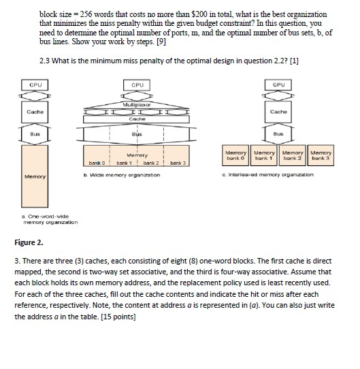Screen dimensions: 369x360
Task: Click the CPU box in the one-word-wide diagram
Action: click(35, 85)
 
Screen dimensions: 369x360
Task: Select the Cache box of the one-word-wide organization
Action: click(35, 112)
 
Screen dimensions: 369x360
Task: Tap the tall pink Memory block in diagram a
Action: click(35, 176)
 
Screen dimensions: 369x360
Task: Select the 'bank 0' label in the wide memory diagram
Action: click(97, 163)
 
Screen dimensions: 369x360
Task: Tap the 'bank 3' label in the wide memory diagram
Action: click(177, 163)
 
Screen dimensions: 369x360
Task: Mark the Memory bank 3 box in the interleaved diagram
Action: click(321, 155)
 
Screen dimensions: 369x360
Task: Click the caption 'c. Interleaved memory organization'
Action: click(266, 175)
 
